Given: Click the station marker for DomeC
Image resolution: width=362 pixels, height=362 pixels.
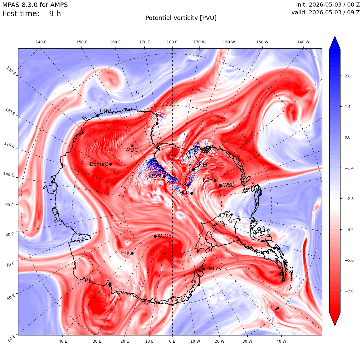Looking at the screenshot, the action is pyautogui.click(x=110, y=164).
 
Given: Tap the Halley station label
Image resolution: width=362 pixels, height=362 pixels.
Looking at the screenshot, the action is pyautogui.click(x=214, y=268).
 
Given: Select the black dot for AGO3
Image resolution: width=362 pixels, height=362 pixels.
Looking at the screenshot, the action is pyautogui.click(x=155, y=236).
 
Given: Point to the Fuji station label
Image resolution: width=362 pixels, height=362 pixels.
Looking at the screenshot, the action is pyautogui.click(x=125, y=253).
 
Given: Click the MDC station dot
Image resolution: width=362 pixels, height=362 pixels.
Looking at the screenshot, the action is pyautogui.click(x=132, y=146).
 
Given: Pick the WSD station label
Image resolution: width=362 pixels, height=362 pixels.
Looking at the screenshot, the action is pyautogui.click(x=229, y=185).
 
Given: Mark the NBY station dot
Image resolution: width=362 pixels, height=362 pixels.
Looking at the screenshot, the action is pyautogui.click(x=215, y=181).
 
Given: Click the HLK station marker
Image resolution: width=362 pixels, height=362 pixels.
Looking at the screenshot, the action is pyautogui.click(x=192, y=193).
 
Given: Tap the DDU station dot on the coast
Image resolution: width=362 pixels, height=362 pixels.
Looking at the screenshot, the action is pyautogui.click(x=97, y=116).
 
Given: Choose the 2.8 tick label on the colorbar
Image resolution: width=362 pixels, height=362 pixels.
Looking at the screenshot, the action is pyautogui.click(x=347, y=76).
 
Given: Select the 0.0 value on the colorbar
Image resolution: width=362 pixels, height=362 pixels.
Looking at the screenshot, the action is pyautogui.click(x=347, y=137).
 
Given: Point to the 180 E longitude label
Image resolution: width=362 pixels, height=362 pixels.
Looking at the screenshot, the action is pyautogui.click(x=172, y=42).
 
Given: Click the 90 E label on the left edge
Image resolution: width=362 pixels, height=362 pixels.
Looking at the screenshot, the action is pyautogui.click(x=9, y=205).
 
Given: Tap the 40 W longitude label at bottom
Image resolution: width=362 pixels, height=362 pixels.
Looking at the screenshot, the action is pyautogui.click(x=281, y=341).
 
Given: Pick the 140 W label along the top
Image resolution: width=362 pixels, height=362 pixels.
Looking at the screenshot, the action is pyautogui.click(x=303, y=42).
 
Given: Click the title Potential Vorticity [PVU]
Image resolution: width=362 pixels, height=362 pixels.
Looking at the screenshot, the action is pyautogui.click(x=181, y=18).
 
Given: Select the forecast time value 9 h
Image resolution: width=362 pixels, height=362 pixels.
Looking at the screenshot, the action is pyautogui.click(x=55, y=14).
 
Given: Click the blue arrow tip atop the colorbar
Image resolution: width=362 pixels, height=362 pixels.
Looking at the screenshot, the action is pyautogui.click(x=335, y=37).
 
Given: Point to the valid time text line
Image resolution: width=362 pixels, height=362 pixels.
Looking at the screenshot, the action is pyautogui.click(x=325, y=12).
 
